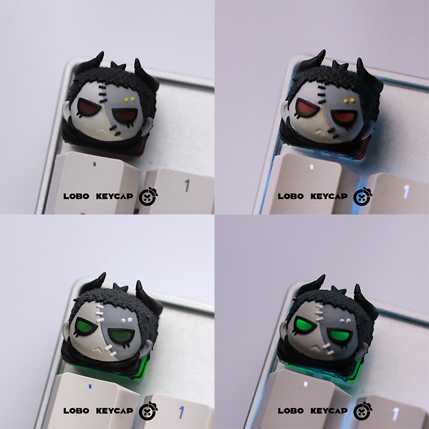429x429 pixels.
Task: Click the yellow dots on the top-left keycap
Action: pos(129,99)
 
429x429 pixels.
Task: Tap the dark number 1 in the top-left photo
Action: pos(187,186)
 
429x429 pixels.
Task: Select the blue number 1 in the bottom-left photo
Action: pos(181,412)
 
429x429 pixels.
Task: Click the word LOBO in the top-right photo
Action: pos(291,196)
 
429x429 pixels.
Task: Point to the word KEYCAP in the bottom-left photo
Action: pos(114,411)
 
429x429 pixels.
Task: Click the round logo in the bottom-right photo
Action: pos(363,411)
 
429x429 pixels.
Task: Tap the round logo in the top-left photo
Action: pos(149,196)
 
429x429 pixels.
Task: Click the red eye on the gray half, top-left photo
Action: pos(125,115)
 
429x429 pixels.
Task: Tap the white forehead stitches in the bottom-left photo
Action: pos(99,313)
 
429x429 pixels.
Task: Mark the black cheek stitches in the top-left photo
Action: pos(115,131)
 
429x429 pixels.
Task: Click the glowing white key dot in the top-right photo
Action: pos(312,167)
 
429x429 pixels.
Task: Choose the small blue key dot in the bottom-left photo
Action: pos(90,387)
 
